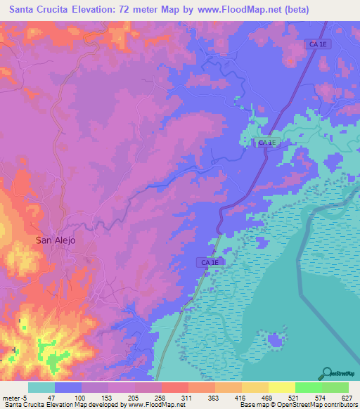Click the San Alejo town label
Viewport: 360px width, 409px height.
coord(56,240)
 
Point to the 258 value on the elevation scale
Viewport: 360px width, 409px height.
coord(160,397)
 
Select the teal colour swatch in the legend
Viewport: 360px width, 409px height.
coord(41,387)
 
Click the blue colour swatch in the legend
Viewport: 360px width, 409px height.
coord(68,387)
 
